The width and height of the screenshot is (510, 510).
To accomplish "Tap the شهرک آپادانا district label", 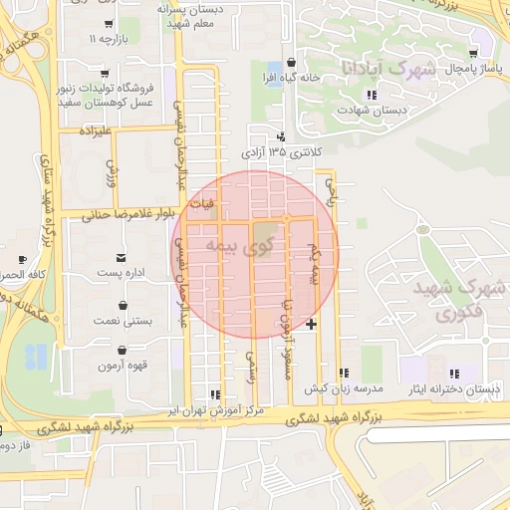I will pyautogui.click(x=388, y=70).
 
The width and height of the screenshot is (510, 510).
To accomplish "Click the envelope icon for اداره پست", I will pyautogui.click(x=122, y=257).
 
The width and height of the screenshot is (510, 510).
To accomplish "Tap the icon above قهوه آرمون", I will pyautogui.click(x=122, y=351).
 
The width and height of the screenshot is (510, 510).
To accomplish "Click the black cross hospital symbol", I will pyautogui.click(x=312, y=324).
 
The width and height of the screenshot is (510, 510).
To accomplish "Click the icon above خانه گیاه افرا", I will pyautogui.click(x=289, y=61).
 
